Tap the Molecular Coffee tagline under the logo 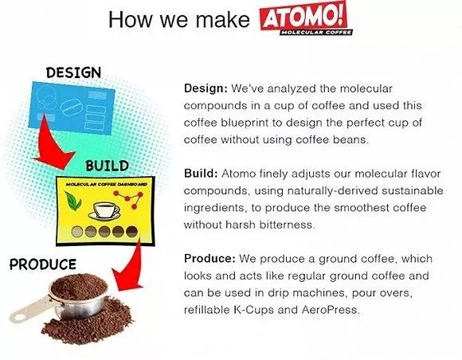click(x=316, y=32)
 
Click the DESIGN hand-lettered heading click(x=73, y=72)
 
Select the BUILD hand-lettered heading click(x=108, y=166)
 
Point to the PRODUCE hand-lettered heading click(x=43, y=264)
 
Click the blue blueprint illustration click(x=72, y=108)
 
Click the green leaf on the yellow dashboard click(x=72, y=201)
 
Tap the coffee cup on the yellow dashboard click(x=104, y=210)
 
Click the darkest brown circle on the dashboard click(x=131, y=232)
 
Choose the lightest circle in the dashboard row click(x=77, y=232)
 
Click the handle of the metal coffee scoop click(x=29, y=309)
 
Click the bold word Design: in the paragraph click(x=206, y=88)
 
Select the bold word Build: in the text click(x=201, y=173)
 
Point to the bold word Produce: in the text click(x=209, y=258)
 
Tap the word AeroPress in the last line click(x=331, y=310)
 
